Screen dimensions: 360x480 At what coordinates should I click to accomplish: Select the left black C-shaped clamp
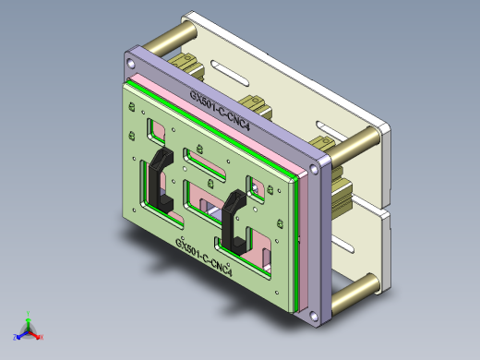pos(159,178)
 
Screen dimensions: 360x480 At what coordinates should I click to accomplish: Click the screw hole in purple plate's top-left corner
pos(132,62)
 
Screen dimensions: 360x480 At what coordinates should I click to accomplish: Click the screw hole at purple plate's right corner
pos(317,171)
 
